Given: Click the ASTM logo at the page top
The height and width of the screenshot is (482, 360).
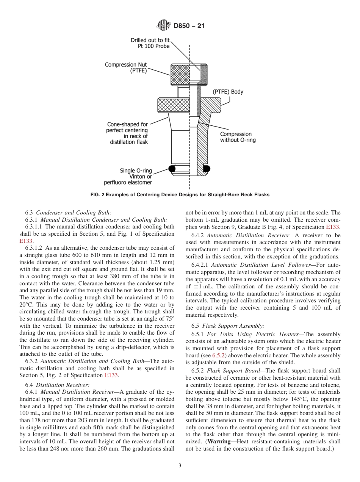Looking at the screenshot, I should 164,26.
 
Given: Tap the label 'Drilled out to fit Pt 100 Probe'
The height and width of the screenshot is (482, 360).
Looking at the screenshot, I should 150,43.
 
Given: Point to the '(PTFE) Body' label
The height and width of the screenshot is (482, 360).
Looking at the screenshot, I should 227,92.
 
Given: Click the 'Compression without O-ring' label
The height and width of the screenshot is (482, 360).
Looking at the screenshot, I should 238,137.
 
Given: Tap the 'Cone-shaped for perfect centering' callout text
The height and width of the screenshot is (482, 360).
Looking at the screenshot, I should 127,133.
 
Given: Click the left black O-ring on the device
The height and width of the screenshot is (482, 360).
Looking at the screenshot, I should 172,168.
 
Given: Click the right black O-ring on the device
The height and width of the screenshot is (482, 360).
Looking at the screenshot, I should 206,168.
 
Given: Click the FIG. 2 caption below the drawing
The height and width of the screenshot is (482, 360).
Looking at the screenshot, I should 180,195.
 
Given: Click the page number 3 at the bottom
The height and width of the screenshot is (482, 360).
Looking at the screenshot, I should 180,466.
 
